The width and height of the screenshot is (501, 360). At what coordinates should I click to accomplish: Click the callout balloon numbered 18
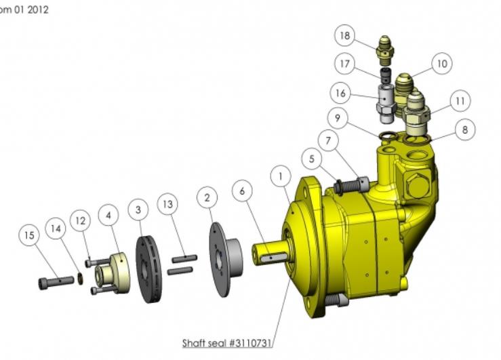point(345,35)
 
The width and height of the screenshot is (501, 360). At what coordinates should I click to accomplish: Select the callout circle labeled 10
point(442,64)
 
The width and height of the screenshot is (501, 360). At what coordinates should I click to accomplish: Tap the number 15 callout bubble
point(29,235)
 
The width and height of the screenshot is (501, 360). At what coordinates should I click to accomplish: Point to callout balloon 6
point(242,191)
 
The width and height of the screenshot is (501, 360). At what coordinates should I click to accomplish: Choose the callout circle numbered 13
point(167,204)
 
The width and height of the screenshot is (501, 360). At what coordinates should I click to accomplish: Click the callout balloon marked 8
point(465,129)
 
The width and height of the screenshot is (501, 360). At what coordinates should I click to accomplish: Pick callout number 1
point(281,176)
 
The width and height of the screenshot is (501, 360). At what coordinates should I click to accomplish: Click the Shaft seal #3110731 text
point(227,343)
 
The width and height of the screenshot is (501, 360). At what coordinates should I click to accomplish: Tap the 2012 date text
point(38,9)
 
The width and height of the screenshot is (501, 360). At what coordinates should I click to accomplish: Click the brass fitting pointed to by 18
point(385,47)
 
